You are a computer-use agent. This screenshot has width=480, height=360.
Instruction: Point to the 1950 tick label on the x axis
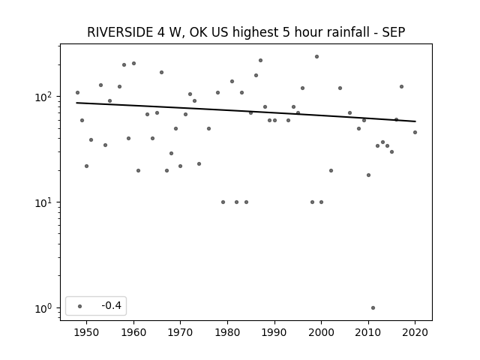tap(87, 332)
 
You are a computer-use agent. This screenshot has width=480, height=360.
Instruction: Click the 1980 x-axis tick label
tap(227, 332)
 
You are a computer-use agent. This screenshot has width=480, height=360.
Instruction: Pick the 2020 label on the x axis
tap(415, 332)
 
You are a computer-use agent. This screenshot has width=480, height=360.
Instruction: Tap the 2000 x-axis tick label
tap(321, 332)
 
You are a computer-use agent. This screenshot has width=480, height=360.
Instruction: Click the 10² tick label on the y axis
tap(45, 97)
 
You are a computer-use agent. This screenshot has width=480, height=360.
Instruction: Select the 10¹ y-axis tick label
tap(45, 202)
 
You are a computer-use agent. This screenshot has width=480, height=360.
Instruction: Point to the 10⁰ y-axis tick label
tap(45, 308)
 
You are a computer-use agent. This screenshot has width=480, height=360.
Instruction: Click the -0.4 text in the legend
tap(112, 305)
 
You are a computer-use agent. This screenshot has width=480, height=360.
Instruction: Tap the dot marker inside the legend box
tap(80, 306)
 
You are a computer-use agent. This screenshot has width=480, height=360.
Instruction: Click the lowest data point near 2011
tap(373, 308)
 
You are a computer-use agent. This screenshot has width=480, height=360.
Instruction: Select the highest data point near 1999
tap(316, 57)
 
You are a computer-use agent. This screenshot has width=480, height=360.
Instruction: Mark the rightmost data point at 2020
tap(415, 132)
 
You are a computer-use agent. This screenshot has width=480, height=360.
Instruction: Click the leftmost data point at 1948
tap(77, 92)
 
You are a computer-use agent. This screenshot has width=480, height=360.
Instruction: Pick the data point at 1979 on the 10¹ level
tap(223, 202)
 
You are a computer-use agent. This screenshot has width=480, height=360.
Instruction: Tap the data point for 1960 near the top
tap(133, 63)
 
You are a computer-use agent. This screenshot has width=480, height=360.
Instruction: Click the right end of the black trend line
tap(415, 121)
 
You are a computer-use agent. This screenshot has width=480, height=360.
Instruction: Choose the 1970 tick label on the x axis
tap(180, 332)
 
